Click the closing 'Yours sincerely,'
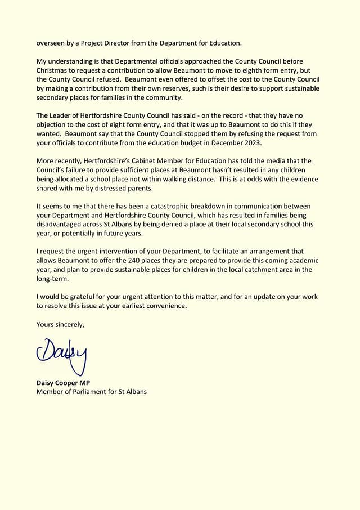60,324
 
